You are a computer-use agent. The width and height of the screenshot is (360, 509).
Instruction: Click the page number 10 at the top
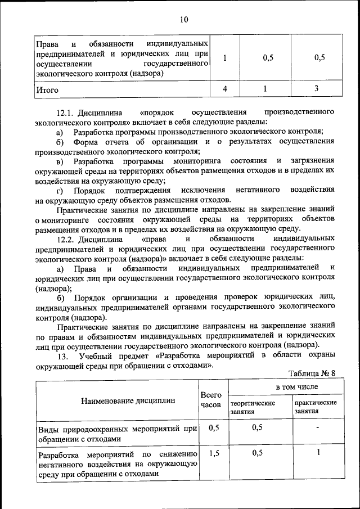pos(184,20)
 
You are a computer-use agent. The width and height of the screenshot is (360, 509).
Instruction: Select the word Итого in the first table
pos(47,89)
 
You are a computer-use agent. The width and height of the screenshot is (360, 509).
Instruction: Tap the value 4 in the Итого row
pos(225,88)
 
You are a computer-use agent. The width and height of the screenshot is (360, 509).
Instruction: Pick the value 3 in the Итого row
pos(317,88)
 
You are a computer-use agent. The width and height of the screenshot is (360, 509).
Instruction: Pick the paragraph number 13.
pos(62,357)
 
